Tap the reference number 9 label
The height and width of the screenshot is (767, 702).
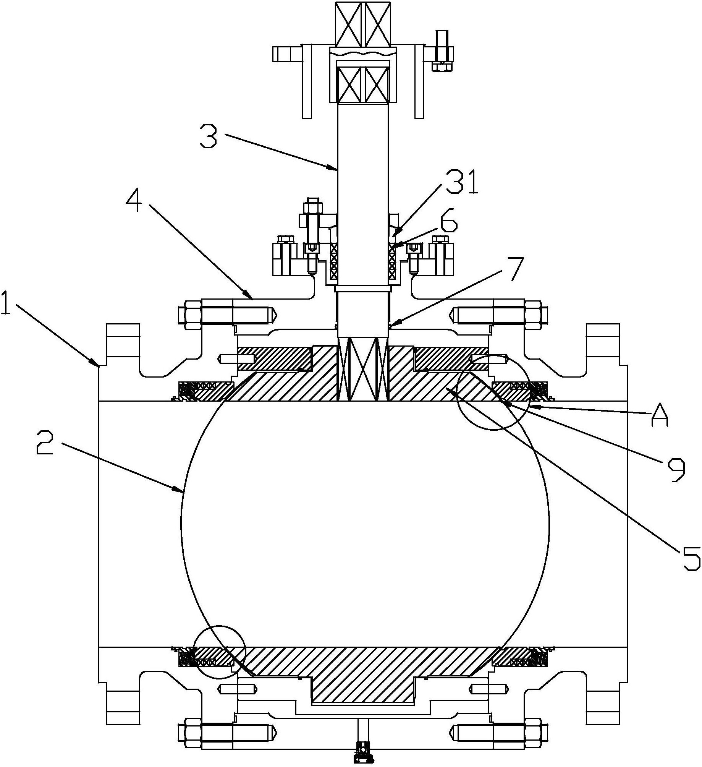676,470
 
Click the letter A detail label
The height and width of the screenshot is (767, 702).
660,415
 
